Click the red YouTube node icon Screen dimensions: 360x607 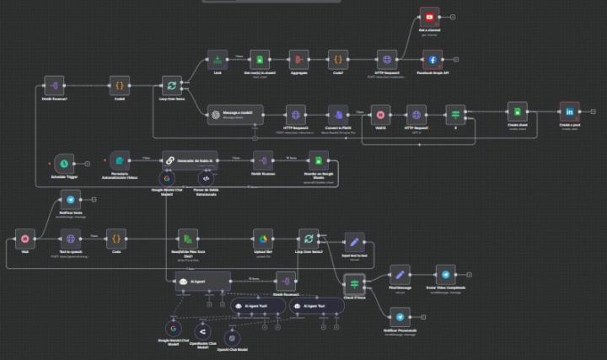point(430,17)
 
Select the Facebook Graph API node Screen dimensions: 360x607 point(432,60)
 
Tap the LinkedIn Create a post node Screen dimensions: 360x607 point(570,112)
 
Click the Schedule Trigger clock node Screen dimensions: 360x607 point(64,161)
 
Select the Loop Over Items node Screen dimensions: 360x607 point(172,85)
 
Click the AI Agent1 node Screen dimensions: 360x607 point(202,282)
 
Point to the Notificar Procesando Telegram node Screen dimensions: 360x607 point(400,316)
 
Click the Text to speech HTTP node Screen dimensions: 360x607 point(71,239)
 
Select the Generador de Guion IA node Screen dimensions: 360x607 point(190,159)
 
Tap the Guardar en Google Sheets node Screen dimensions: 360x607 point(318,160)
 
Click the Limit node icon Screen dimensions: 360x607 point(218,60)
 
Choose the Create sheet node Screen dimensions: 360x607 point(517,112)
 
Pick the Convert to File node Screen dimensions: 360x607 point(338,114)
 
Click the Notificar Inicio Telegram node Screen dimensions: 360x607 point(71,199)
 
